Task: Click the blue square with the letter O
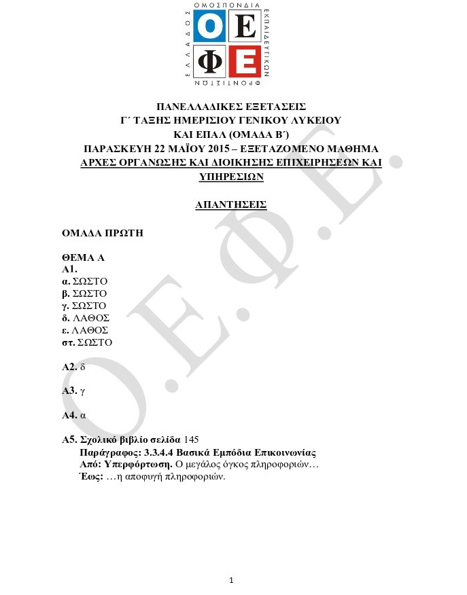[212, 27]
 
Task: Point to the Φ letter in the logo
[212, 62]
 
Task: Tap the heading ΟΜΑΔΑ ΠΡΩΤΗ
[103, 233]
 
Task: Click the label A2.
[69, 367]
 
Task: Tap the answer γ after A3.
[82, 391]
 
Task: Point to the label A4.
[69, 415]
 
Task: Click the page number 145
[191, 439]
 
